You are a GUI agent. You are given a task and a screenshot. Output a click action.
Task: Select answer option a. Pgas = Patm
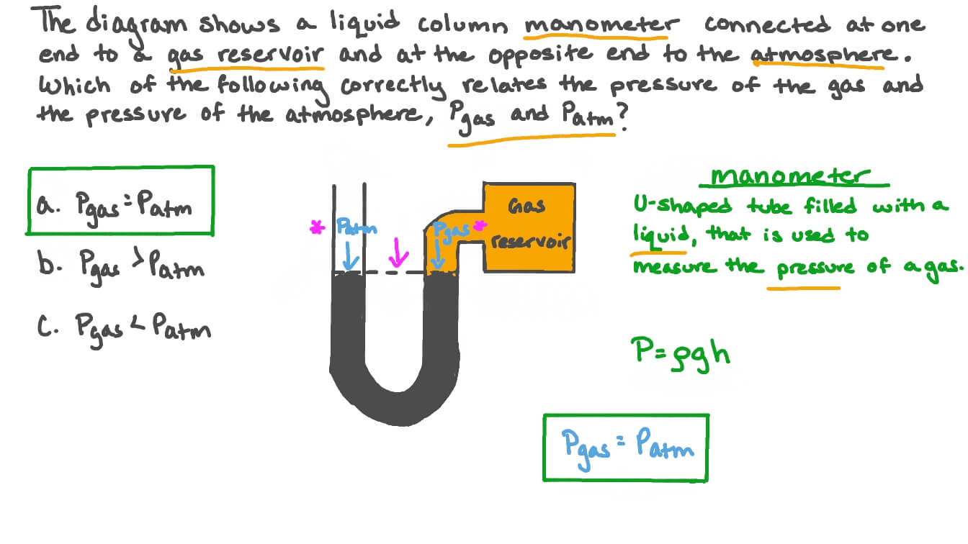click(120, 202)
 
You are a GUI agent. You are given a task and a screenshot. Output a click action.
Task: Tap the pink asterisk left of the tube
click(315, 229)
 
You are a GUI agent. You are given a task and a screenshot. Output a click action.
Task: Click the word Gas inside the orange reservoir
click(526, 207)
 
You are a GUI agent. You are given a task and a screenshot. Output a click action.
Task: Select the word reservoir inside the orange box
click(530, 241)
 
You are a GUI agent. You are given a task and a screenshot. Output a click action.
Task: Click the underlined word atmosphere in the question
click(816, 54)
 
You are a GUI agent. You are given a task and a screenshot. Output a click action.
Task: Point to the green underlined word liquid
click(658, 235)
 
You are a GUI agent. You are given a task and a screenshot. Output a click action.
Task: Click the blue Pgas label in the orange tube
click(451, 230)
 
